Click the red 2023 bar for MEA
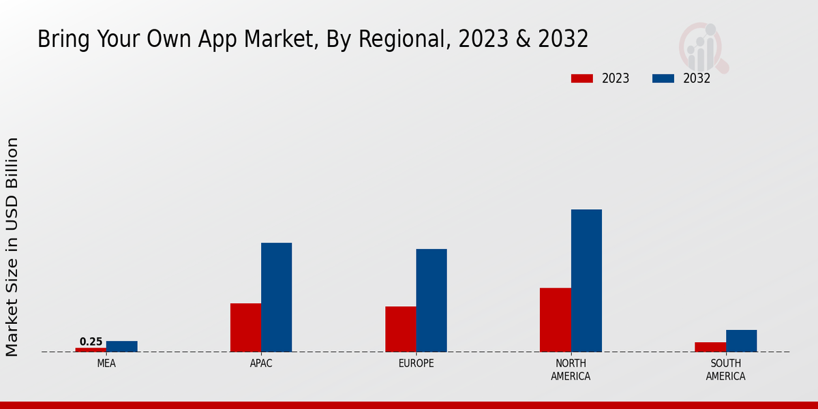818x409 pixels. coord(91,350)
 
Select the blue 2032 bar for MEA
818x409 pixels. coord(121,346)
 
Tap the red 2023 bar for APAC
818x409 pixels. coord(245,327)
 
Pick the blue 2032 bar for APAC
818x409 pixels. coord(276,297)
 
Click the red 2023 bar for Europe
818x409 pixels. coord(400,329)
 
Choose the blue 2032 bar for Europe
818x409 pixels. coord(431,300)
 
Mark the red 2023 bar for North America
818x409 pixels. coord(555,320)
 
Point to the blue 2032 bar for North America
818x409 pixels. coord(586,280)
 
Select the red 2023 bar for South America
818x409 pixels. coord(710,347)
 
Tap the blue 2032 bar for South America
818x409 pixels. coord(741,341)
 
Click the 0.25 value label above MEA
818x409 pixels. coord(91,342)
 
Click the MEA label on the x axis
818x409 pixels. coord(106,363)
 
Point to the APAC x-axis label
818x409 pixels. coord(261,363)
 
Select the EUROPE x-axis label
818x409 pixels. coord(416,363)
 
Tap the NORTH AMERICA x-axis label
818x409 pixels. coord(571,369)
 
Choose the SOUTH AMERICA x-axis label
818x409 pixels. coord(725,369)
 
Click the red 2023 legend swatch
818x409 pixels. coord(581,78)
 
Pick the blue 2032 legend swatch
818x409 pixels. coord(663,78)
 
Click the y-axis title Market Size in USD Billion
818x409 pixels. coord(12,247)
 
